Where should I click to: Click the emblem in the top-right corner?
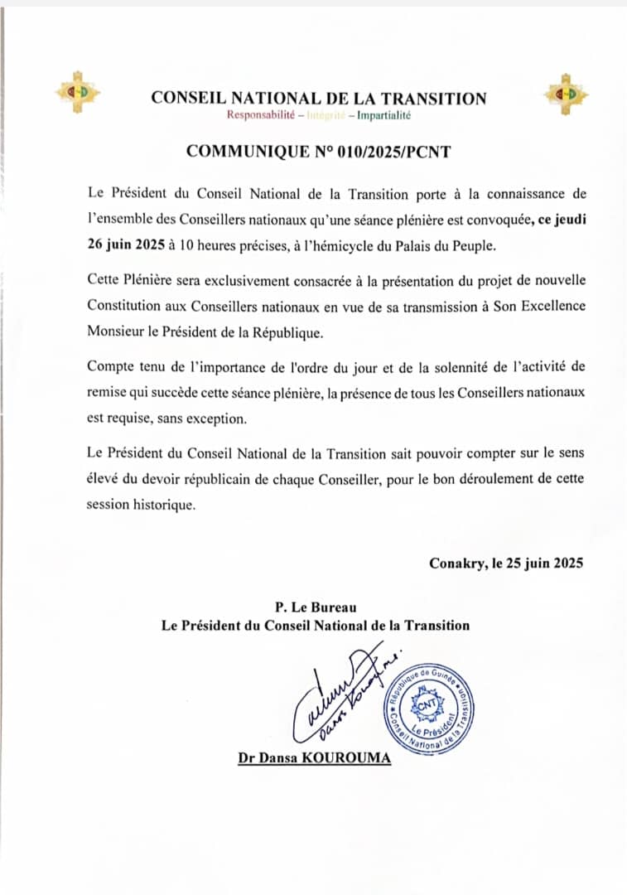coord(567,93)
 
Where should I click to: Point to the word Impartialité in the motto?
coord(383,115)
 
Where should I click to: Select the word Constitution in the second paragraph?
coord(128,305)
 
